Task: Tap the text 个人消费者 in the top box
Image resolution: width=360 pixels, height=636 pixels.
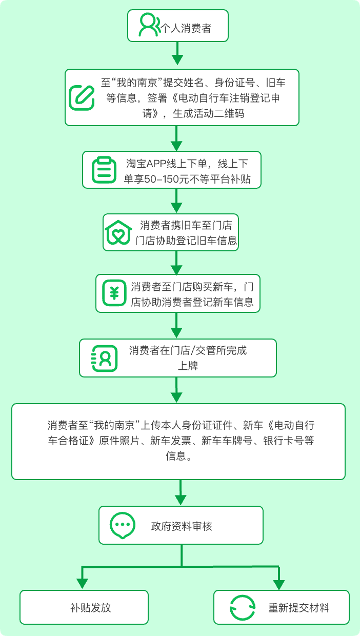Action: pos(186,28)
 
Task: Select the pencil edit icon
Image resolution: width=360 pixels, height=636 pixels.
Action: pos(82,97)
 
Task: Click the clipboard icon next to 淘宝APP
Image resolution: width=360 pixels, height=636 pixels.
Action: pos(104,170)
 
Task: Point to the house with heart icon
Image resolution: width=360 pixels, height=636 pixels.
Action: pos(118,232)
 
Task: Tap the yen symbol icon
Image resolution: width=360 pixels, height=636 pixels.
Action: pos(114,293)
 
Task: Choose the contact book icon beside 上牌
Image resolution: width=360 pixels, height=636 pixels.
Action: pos(104,359)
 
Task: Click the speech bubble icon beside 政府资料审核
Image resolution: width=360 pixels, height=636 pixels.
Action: pos(123,526)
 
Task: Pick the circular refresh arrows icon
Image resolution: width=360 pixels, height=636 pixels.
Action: pos(243,608)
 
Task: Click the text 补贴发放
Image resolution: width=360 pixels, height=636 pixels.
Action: pos(91,608)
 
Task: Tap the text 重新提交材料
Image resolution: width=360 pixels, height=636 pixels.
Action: pos(299,608)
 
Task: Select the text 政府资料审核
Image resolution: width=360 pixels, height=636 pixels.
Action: pos(182,526)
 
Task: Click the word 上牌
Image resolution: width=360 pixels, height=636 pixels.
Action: pos(188,366)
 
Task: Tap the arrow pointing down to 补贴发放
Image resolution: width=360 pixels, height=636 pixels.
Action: pos(83,578)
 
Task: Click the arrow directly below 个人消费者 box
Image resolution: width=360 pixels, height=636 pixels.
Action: pos(177,53)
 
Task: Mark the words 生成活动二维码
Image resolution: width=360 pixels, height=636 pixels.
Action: pos(209,113)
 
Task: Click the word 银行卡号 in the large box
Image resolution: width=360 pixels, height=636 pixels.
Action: pos(284,441)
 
